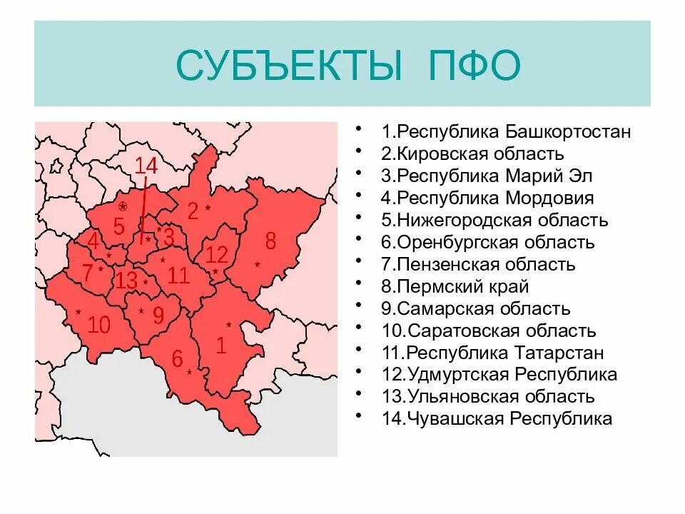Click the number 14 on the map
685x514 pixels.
[x=146, y=166]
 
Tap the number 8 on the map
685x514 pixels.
[x=270, y=241]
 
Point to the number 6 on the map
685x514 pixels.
[x=177, y=358]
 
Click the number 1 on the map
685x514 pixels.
[x=221, y=346]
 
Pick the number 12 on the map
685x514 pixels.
[x=216, y=254]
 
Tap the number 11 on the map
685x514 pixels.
[x=178, y=275]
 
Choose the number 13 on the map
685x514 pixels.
[x=126, y=281]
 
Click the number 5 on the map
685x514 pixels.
[x=118, y=226]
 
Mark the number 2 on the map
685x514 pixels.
[x=192, y=211]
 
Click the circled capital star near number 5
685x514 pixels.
[x=123, y=206]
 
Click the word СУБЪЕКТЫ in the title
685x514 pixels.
[x=291, y=66]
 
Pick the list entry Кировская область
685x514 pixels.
[x=472, y=154]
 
